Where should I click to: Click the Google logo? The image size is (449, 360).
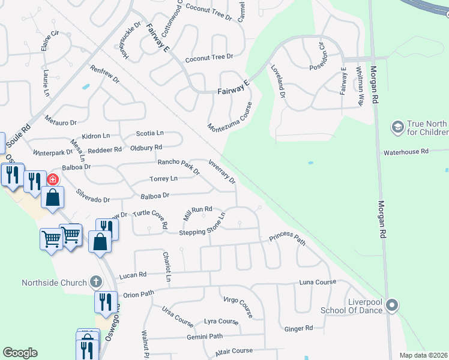[x=20, y=353]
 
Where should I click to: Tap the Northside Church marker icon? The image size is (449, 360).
[x=95, y=281]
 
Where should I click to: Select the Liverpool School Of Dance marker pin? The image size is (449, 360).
[x=392, y=306]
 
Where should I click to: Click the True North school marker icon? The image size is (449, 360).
[x=397, y=127]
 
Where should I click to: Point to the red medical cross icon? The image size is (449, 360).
[x=53, y=179]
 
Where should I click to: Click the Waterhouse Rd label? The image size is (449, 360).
[x=406, y=152]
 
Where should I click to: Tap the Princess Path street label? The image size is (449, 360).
[x=287, y=238]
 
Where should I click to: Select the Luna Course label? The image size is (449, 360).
[x=318, y=282]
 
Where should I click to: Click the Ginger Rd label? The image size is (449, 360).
[x=298, y=328]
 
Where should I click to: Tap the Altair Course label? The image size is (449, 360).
[x=234, y=351]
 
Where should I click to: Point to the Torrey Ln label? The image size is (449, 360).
[x=163, y=179]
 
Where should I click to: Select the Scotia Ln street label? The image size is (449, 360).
[x=150, y=133]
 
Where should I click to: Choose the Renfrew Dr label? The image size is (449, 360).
[x=104, y=74]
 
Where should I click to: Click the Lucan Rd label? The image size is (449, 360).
[x=133, y=275]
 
